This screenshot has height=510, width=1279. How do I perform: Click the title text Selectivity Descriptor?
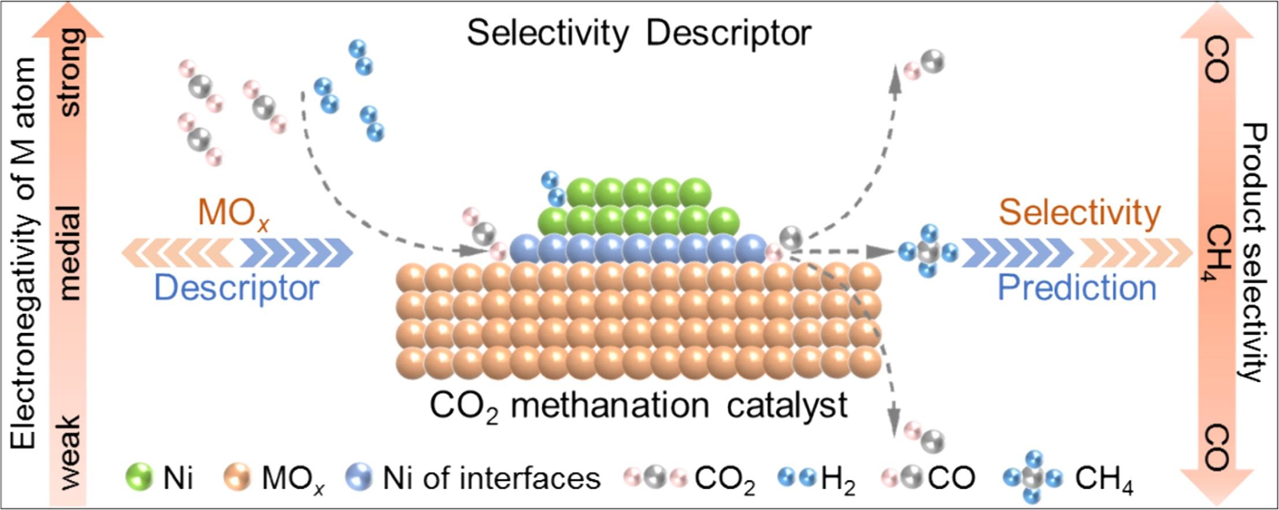(639, 33)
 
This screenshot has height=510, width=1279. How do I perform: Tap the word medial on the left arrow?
(71, 252)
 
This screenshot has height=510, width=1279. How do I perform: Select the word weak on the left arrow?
(71, 452)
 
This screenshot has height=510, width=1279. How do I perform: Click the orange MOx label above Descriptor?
(233, 214)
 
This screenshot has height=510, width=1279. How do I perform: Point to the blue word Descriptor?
(236, 288)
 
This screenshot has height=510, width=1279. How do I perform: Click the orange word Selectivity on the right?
(1079, 213)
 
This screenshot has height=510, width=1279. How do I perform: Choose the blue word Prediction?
(1077, 288)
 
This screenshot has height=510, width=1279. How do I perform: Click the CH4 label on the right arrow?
(1218, 253)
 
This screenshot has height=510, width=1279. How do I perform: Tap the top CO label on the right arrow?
(1217, 59)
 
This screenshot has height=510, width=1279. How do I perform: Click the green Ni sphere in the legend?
(139, 478)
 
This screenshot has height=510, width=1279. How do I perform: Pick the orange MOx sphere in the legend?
(236, 478)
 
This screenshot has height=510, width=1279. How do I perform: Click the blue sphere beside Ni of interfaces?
(358, 478)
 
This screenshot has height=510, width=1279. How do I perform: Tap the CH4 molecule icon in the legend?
(1032, 478)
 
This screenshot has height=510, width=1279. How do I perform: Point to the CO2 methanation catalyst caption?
(638, 405)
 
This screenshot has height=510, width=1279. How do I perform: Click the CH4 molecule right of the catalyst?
(928, 252)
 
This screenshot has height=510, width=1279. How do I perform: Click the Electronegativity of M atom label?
(24, 254)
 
